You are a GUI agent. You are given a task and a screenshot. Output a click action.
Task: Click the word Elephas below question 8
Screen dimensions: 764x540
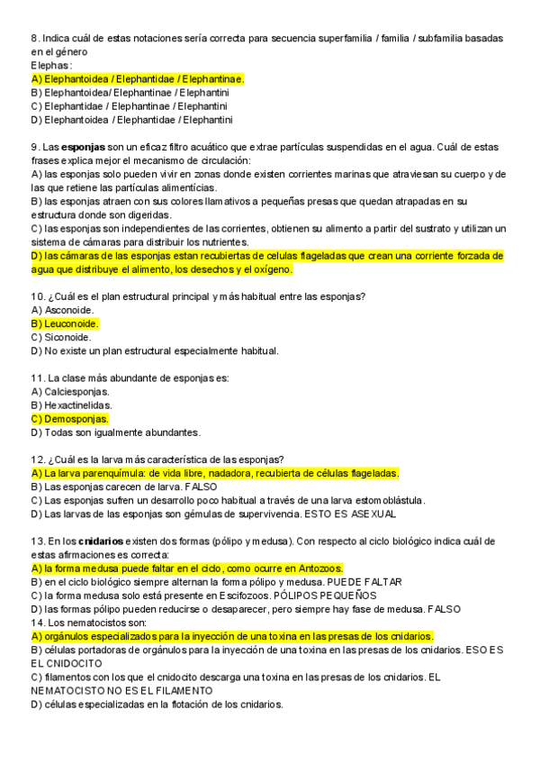[50, 66]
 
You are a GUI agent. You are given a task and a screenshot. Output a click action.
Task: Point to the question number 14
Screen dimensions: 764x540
[37, 622]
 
